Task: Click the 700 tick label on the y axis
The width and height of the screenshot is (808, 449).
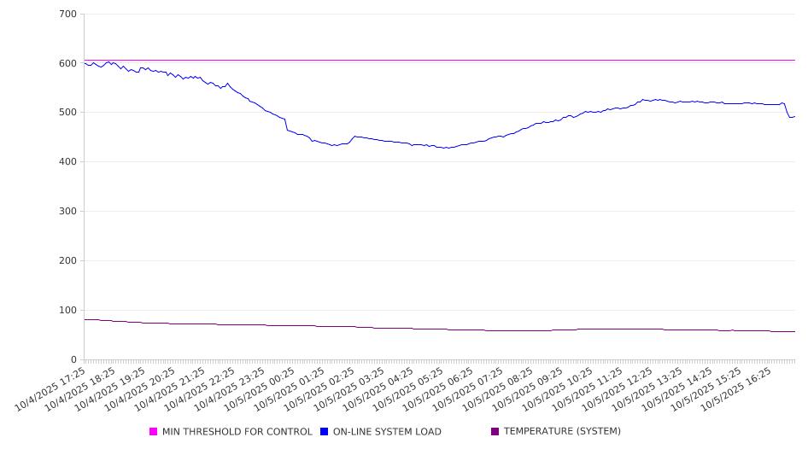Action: pos(68,15)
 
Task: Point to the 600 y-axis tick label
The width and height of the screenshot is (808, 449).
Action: pos(68,64)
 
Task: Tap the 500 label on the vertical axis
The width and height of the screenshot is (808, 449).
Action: pos(68,113)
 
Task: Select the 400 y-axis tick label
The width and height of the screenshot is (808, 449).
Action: pos(68,162)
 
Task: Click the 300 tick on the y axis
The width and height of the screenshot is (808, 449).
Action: pos(68,212)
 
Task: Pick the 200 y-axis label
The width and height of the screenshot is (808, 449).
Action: pos(68,261)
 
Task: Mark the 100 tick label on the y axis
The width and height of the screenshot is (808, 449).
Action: pos(68,311)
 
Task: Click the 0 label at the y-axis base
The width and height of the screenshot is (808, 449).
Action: pos(74,359)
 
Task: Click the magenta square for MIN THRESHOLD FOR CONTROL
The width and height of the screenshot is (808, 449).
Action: pos(154,432)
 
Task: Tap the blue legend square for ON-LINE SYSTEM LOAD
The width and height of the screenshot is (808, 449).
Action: pos(325,432)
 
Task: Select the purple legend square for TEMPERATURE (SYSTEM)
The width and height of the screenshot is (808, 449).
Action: pos(495,432)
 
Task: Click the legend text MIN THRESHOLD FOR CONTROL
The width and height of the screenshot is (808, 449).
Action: pos(237,432)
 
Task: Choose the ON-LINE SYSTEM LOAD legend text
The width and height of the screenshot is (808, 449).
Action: pos(387,432)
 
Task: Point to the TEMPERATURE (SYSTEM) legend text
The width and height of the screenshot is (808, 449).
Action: pos(562,432)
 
